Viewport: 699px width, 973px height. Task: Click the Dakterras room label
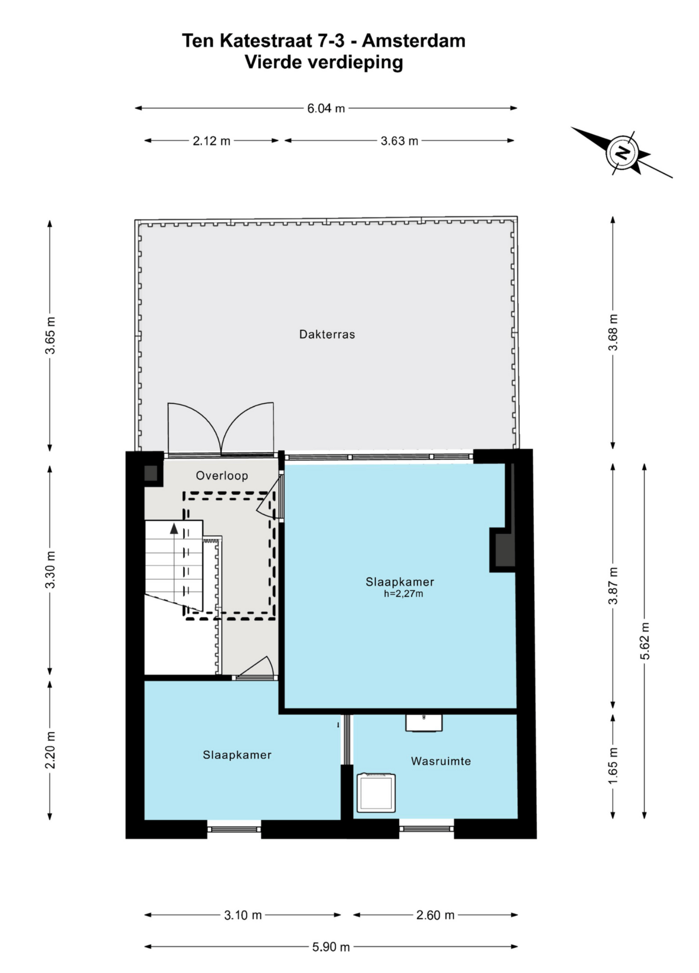click(x=327, y=334)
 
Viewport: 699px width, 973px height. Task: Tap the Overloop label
click(x=222, y=476)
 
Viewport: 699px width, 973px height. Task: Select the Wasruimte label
click(x=441, y=761)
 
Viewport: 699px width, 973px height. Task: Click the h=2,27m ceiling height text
click(x=404, y=593)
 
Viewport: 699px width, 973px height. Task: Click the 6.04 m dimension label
click(x=326, y=108)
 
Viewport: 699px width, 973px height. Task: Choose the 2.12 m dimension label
click(x=211, y=141)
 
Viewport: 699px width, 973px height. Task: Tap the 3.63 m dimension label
click(x=399, y=141)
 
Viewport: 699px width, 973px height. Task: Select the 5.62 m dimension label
click(x=644, y=641)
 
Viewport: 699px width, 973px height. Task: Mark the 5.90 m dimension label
click(x=331, y=947)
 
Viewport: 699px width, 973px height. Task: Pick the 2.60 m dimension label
click(x=435, y=915)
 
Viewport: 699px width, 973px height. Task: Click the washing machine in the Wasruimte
click(x=376, y=792)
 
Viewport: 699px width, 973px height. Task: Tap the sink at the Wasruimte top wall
click(x=424, y=723)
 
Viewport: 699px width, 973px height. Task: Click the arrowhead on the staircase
click(x=174, y=529)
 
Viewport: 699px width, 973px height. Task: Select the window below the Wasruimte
click(x=426, y=828)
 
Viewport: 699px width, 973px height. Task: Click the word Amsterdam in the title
click(x=414, y=41)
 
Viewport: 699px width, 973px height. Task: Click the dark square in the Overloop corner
click(x=151, y=473)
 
